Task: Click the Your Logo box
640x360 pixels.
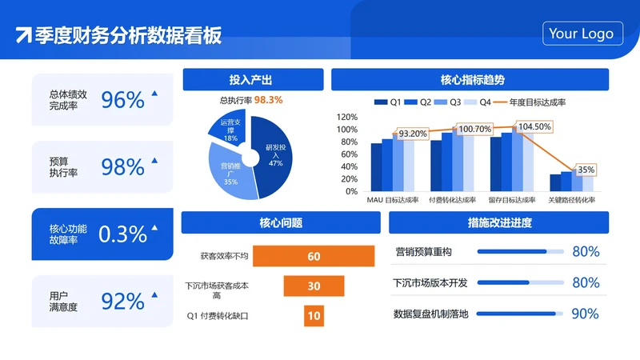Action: click(582, 34)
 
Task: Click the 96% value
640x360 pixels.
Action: click(122, 100)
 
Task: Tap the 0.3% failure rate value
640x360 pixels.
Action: click(122, 234)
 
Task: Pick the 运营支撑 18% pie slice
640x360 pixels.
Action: click(230, 130)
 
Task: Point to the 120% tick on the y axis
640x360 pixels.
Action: click(347, 116)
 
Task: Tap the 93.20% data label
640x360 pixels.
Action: click(412, 134)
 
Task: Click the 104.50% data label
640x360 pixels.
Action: click(534, 126)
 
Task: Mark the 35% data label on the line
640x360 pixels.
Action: click(586, 170)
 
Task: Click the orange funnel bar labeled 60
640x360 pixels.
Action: click(314, 256)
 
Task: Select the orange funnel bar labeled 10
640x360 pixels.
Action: click(314, 315)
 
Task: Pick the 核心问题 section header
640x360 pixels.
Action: click(281, 222)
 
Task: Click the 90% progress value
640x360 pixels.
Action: click(586, 314)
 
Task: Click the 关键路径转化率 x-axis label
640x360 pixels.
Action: click(571, 199)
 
